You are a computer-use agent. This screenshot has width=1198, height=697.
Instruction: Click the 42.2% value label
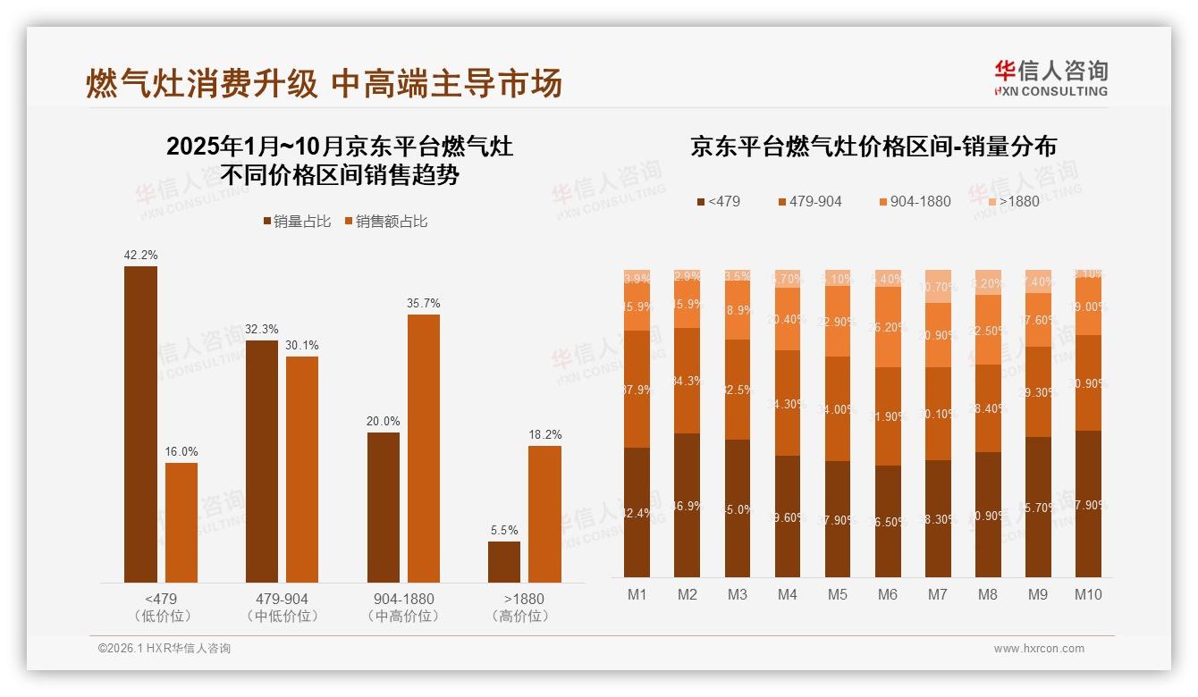click(140, 255)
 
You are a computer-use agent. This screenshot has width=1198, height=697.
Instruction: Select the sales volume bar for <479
click(140, 424)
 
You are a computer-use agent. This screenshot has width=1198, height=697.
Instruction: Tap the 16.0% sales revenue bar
click(181, 523)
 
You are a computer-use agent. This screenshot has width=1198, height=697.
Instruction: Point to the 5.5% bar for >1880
click(504, 562)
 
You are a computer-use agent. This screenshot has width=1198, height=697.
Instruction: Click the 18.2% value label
click(545, 435)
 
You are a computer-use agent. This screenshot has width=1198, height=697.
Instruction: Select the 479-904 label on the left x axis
click(281, 599)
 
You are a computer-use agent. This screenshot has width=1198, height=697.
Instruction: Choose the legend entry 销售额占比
click(385, 222)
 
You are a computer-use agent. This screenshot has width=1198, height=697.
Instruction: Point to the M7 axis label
click(937, 594)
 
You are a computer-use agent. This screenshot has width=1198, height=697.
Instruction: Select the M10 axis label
click(1088, 594)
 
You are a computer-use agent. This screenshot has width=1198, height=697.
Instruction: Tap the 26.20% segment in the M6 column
click(888, 327)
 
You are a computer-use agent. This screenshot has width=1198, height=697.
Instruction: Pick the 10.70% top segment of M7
click(938, 286)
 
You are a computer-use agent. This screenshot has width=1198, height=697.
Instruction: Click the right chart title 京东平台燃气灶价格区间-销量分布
click(873, 147)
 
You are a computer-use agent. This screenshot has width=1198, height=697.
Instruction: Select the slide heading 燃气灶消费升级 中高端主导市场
click(324, 83)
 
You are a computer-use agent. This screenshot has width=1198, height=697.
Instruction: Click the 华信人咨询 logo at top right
click(1050, 78)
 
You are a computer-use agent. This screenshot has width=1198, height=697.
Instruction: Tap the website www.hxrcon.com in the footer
click(1038, 649)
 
